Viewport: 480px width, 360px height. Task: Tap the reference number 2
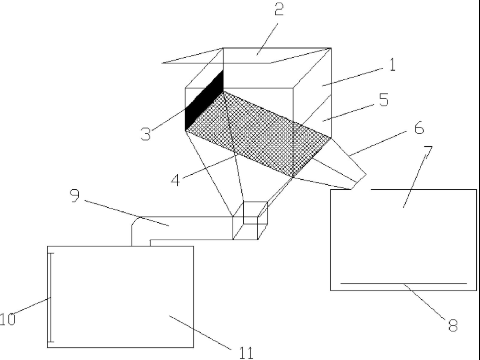coord(279,11)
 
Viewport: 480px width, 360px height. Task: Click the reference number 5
coord(384,100)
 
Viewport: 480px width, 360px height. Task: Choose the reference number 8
coord(453,325)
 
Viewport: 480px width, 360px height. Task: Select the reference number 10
coord(7,319)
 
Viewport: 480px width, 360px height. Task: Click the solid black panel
coord(204,100)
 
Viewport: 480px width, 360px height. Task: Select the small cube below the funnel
coord(250,220)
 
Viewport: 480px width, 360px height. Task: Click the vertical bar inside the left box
coord(50,298)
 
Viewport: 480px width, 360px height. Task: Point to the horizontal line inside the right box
coord(403,284)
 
